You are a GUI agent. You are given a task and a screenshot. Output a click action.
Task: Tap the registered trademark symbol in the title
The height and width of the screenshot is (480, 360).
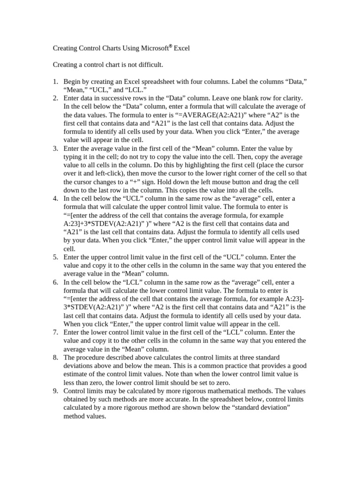coord(171,46)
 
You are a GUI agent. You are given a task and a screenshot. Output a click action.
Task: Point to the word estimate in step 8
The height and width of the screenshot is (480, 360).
coord(77,374)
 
